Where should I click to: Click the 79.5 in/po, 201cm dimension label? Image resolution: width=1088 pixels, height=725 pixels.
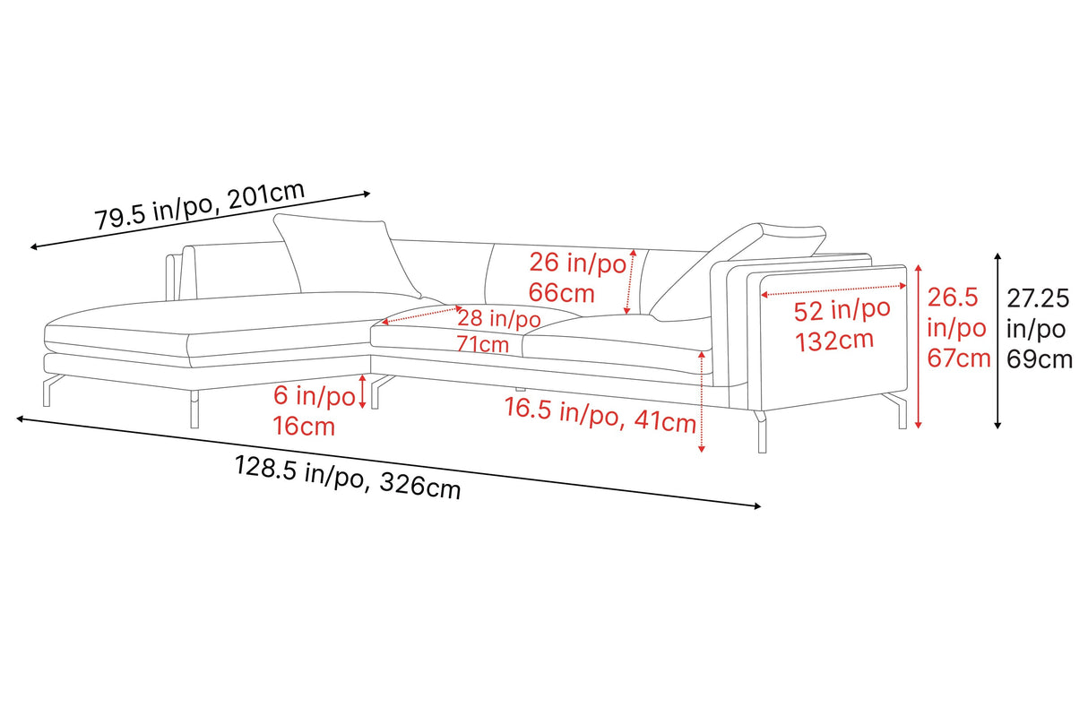[x=200, y=205]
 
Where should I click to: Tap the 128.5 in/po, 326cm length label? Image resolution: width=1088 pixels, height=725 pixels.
[x=348, y=478]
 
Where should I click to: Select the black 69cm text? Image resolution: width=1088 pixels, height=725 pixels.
[x=1040, y=360]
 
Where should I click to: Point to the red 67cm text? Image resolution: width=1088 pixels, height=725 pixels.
[x=958, y=358]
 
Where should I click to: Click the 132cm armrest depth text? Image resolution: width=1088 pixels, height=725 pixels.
[x=834, y=341]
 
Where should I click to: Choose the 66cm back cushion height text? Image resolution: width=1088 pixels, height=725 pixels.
[x=562, y=293]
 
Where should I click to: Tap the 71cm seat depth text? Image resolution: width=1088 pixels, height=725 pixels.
[x=482, y=344]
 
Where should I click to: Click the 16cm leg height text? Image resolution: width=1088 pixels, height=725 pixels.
[x=304, y=427]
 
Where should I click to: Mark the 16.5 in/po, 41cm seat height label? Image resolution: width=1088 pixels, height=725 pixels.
[x=600, y=415]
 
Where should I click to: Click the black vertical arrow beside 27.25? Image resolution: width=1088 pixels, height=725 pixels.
[x=997, y=341]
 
